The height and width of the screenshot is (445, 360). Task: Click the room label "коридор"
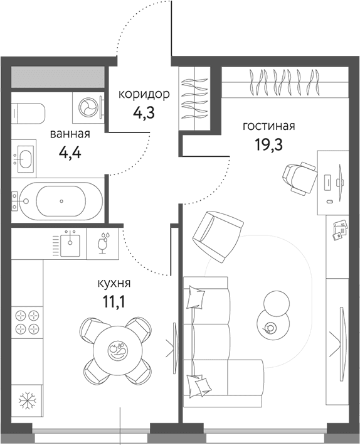point(144,95)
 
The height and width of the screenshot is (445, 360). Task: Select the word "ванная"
point(70,134)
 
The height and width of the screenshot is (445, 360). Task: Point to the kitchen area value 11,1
point(114,303)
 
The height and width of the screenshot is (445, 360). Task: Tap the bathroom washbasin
point(25,158)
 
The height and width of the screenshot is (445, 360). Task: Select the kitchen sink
point(70,242)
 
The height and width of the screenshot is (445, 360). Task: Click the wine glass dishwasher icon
point(103,243)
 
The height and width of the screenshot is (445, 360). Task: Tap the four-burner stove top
point(27,322)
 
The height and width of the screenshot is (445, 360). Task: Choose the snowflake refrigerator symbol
point(27,400)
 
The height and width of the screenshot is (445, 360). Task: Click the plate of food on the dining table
point(117,351)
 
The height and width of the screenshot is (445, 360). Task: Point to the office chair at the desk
point(300,178)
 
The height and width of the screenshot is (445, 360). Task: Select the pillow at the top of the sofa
point(196,297)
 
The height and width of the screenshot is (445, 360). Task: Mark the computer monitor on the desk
point(340,183)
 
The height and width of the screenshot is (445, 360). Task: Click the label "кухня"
point(114,283)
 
